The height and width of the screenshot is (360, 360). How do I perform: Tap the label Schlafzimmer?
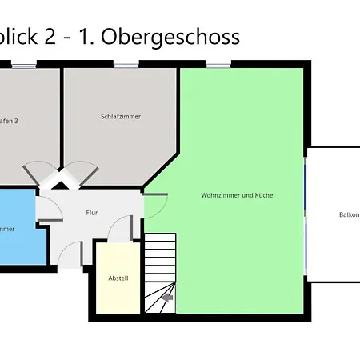point(121,117)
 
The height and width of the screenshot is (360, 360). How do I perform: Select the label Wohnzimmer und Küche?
point(237,194)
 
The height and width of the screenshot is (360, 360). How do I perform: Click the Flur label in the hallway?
point(92,213)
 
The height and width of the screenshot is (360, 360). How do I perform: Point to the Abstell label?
point(118,278)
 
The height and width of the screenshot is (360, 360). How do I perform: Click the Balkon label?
point(349,214)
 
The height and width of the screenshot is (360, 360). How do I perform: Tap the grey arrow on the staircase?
point(167,298)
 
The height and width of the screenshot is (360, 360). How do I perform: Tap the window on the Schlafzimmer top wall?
point(125,64)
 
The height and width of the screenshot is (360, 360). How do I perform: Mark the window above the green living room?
point(217,64)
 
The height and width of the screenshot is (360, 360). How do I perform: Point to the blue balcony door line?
point(306,214)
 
